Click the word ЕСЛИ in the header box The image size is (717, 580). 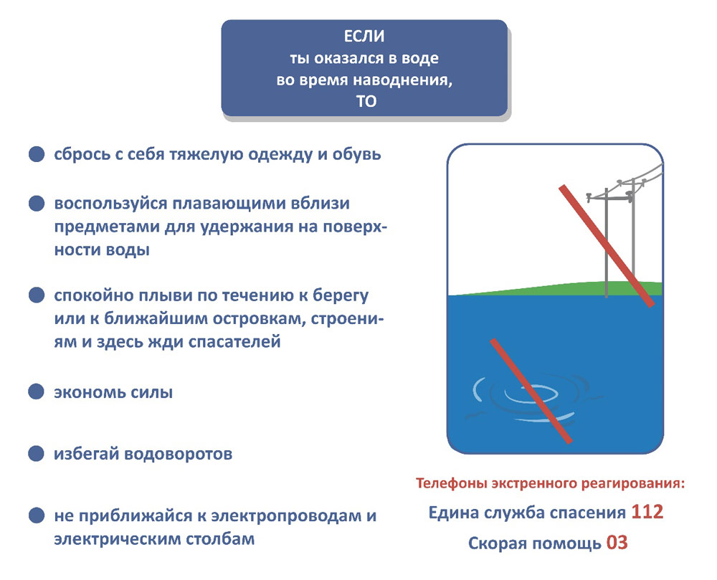coord(364,36)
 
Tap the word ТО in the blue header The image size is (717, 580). coord(366,101)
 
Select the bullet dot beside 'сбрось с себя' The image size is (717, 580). coord(37,154)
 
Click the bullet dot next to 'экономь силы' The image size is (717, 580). coord(36,391)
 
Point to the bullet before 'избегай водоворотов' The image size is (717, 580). coord(36,453)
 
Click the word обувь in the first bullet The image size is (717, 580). coord(356,154)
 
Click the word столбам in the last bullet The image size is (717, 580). coord(220,539)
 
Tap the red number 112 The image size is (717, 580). coord(647,512)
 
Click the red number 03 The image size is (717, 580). coord(617,543)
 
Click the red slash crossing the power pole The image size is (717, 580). coord(607,246)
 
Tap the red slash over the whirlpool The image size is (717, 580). coord(531,391)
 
